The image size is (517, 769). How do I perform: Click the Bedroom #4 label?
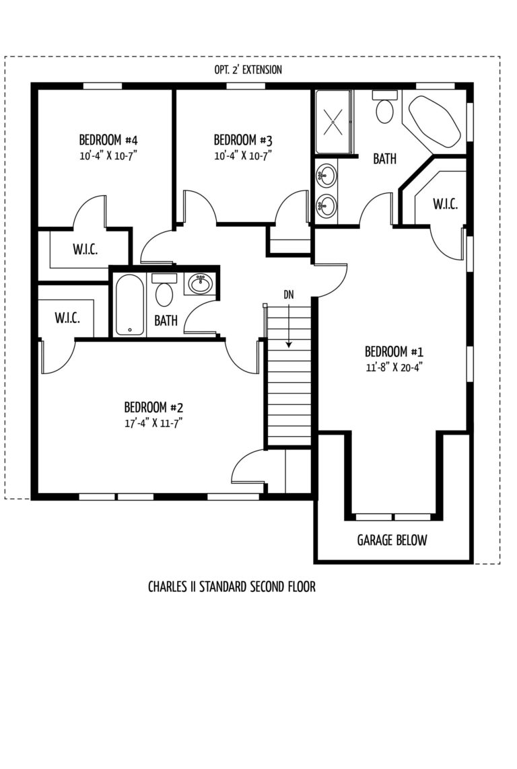(108, 140)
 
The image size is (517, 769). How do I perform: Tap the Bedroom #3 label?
(243, 140)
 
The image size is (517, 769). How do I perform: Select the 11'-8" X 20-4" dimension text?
(394, 367)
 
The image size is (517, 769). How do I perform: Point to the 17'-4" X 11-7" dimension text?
(153, 423)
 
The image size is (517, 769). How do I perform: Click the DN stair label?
(288, 295)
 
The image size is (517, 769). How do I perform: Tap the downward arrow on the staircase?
(289, 326)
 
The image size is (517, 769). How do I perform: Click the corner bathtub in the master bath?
(435, 121)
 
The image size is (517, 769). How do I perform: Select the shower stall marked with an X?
(333, 122)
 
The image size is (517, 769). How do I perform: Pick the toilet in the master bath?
(384, 108)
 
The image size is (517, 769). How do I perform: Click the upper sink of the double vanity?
(326, 175)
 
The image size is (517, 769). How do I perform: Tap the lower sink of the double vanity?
(326, 205)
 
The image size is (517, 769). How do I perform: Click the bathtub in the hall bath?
(129, 305)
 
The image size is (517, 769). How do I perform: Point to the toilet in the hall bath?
(164, 290)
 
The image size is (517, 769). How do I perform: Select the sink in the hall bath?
(200, 283)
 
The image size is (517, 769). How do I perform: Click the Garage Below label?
(392, 540)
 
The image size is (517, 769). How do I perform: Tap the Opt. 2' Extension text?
(248, 70)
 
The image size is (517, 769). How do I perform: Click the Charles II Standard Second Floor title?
(232, 587)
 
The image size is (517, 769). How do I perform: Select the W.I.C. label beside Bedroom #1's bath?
(446, 204)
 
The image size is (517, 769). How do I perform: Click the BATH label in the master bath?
(385, 158)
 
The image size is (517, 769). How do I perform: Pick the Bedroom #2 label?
(153, 407)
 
